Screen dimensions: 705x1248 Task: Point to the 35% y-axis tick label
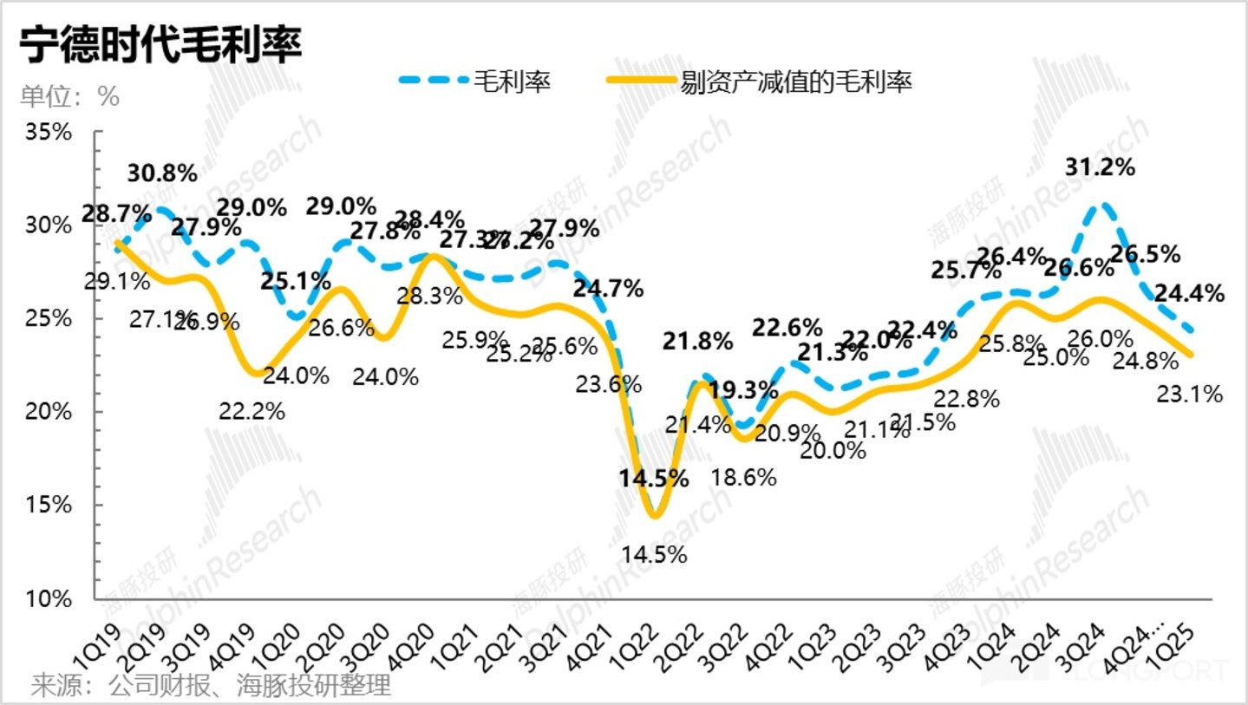[50, 133]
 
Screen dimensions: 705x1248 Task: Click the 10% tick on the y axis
[50, 598]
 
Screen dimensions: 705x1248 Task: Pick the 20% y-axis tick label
[50, 412]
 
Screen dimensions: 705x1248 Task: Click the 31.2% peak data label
[1101, 166]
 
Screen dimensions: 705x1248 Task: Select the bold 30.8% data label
[162, 173]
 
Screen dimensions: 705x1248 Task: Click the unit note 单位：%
[69, 97]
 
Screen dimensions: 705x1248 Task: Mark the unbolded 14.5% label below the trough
[654, 554]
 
